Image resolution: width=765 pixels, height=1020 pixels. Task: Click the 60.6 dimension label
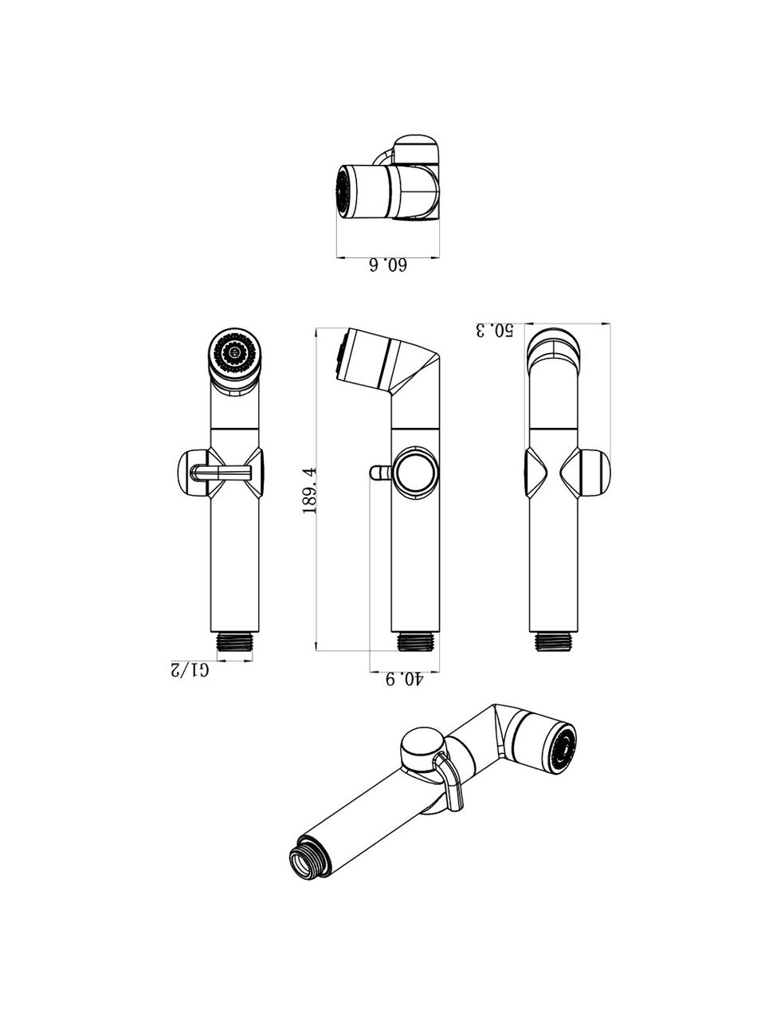[388, 265]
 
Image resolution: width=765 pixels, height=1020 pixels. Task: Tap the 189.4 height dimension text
[309, 490]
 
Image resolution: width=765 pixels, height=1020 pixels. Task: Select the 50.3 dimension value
[494, 330]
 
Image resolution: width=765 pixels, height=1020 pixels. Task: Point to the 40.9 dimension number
[405, 680]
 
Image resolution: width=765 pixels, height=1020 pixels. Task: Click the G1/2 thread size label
[190, 669]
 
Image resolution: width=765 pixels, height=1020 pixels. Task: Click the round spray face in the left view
[234, 354]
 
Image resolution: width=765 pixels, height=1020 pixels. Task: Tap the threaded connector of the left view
[235, 641]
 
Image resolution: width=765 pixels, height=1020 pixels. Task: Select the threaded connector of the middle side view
[415, 641]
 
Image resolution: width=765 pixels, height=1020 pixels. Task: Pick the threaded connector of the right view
[554, 641]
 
